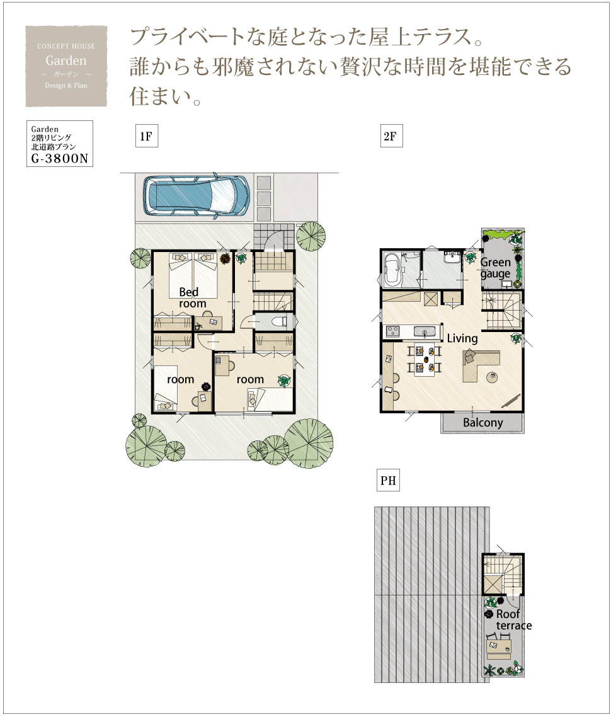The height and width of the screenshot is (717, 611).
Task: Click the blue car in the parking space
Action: [x=197, y=195]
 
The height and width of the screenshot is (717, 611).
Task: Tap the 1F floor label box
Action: [x=147, y=136]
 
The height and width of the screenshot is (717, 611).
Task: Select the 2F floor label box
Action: [x=391, y=136]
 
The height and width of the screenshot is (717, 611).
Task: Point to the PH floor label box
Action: [x=388, y=480]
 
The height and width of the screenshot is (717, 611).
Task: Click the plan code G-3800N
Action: [x=59, y=159]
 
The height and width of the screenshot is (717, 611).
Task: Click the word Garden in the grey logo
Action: [x=66, y=60]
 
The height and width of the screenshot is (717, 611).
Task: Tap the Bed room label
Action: [x=192, y=297]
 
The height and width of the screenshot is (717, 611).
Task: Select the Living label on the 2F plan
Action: [x=462, y=338]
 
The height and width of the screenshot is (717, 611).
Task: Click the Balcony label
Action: [x=483, y=423]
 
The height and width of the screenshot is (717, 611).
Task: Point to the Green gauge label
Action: [x=495, y=268]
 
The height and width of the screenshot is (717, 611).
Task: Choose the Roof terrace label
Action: [x=513, y=619]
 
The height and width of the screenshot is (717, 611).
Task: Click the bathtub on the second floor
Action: [x=392, y=270]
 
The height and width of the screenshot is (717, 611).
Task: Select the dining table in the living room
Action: [x=425, y=359]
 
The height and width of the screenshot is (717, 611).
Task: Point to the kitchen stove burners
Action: [x=392, y=330]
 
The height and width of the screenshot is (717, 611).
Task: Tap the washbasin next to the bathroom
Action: [x=452, y=258]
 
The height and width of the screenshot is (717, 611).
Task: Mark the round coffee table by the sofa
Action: [x=493, y=377]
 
